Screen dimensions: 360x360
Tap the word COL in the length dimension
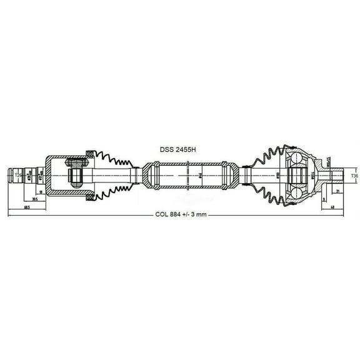(x=163, y=214)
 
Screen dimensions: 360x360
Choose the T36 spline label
(x=354, y=177)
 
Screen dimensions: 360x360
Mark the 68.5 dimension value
(x=26, y=207)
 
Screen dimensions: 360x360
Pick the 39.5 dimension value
(x=35, y=200)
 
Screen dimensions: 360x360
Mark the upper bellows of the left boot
(x=112, y=157)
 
